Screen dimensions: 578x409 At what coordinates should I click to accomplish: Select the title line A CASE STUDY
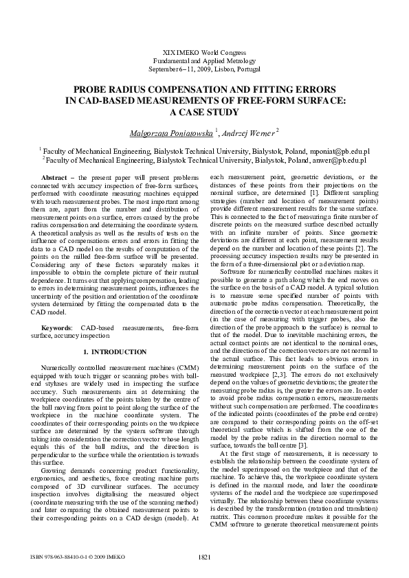204,112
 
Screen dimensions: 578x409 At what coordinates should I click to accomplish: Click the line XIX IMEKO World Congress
204,53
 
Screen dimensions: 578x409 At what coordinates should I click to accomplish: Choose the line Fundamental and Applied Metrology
204,61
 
